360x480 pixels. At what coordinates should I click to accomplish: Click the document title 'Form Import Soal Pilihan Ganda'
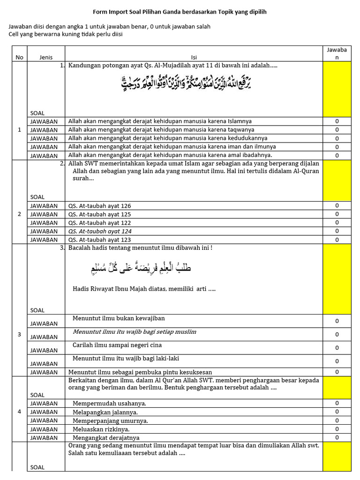click(180, 12)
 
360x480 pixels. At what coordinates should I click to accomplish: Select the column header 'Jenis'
click(46, 57)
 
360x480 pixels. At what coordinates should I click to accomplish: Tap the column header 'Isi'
click(194, 57)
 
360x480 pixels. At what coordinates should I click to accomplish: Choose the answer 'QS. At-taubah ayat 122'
click(99, 223)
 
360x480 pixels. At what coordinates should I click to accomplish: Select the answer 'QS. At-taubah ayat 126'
click(99, 206)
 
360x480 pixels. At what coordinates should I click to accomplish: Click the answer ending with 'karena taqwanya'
click(161, 129)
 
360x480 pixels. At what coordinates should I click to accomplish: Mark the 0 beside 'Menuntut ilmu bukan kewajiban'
click(337, 321)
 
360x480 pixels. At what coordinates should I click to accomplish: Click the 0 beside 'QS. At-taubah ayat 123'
click(337, 240)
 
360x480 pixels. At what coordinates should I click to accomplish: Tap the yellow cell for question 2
click(337, 180)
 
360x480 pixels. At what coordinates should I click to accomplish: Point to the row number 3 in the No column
click(19, 334)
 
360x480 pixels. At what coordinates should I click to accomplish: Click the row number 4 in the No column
click(19, 412)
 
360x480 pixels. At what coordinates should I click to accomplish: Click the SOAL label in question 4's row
click(37, 395)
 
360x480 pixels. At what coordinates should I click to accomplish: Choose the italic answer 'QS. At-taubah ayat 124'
click(100, 231)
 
